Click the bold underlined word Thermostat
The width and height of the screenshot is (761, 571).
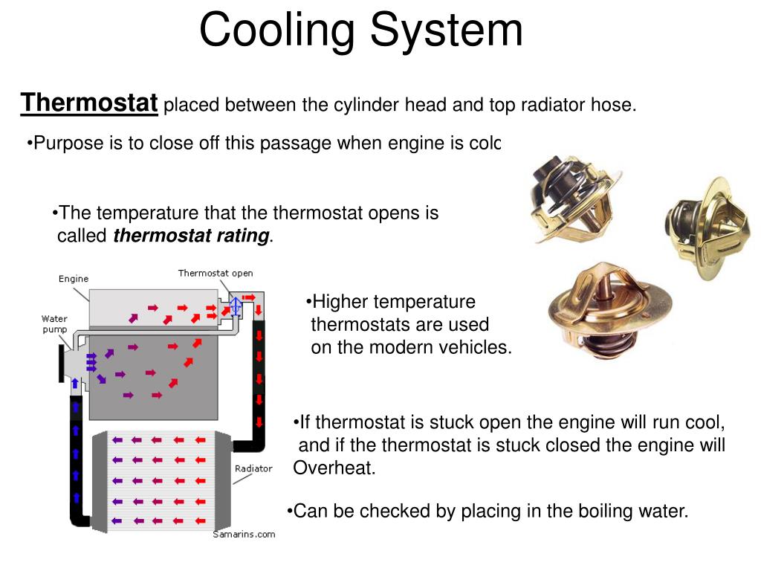pyautogui.click(x=89, y=103)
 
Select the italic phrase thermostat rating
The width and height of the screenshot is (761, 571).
pyautogui.click(x=192, y=236)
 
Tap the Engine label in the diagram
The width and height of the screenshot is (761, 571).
pyautogui.click(x=74, y=279)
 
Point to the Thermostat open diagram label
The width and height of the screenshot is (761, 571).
pyautogui.click(x=216, y=273)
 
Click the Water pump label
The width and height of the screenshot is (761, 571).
pyautogui.click(x=54, y=324)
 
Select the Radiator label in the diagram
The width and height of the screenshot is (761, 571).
pyautogui.click(x=253, y=468)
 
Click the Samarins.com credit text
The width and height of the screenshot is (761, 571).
pyautogui.click(x=244, y=534)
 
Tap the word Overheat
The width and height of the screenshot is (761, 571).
pyautogui.click(x=334, y=468)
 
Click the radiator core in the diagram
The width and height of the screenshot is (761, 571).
pyautogui.click(x=161, y=480)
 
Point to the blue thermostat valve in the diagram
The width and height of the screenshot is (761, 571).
pyautogui.click(x=235, y=306)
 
